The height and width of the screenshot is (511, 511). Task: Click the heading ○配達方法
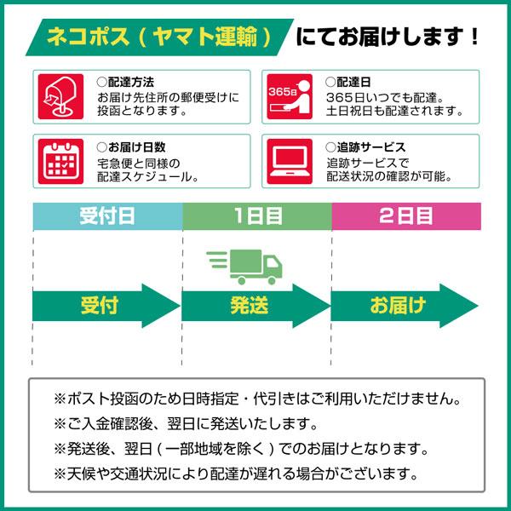click(x=125, y=83)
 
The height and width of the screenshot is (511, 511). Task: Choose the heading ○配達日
click(x=348, y=83)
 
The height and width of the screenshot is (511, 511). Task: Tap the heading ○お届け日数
click(x=131, y=147)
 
